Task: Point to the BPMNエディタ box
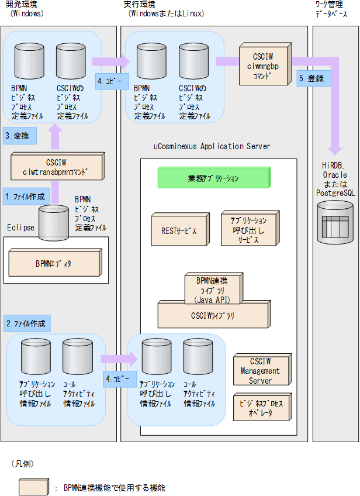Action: (54, 263)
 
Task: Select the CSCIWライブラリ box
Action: (212, 316)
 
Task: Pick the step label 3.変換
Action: (20, 136)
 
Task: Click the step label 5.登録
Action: (311, 78)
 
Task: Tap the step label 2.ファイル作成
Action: (27, 323)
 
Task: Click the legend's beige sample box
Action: (33, 487)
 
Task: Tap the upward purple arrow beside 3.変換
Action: (54, 138)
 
